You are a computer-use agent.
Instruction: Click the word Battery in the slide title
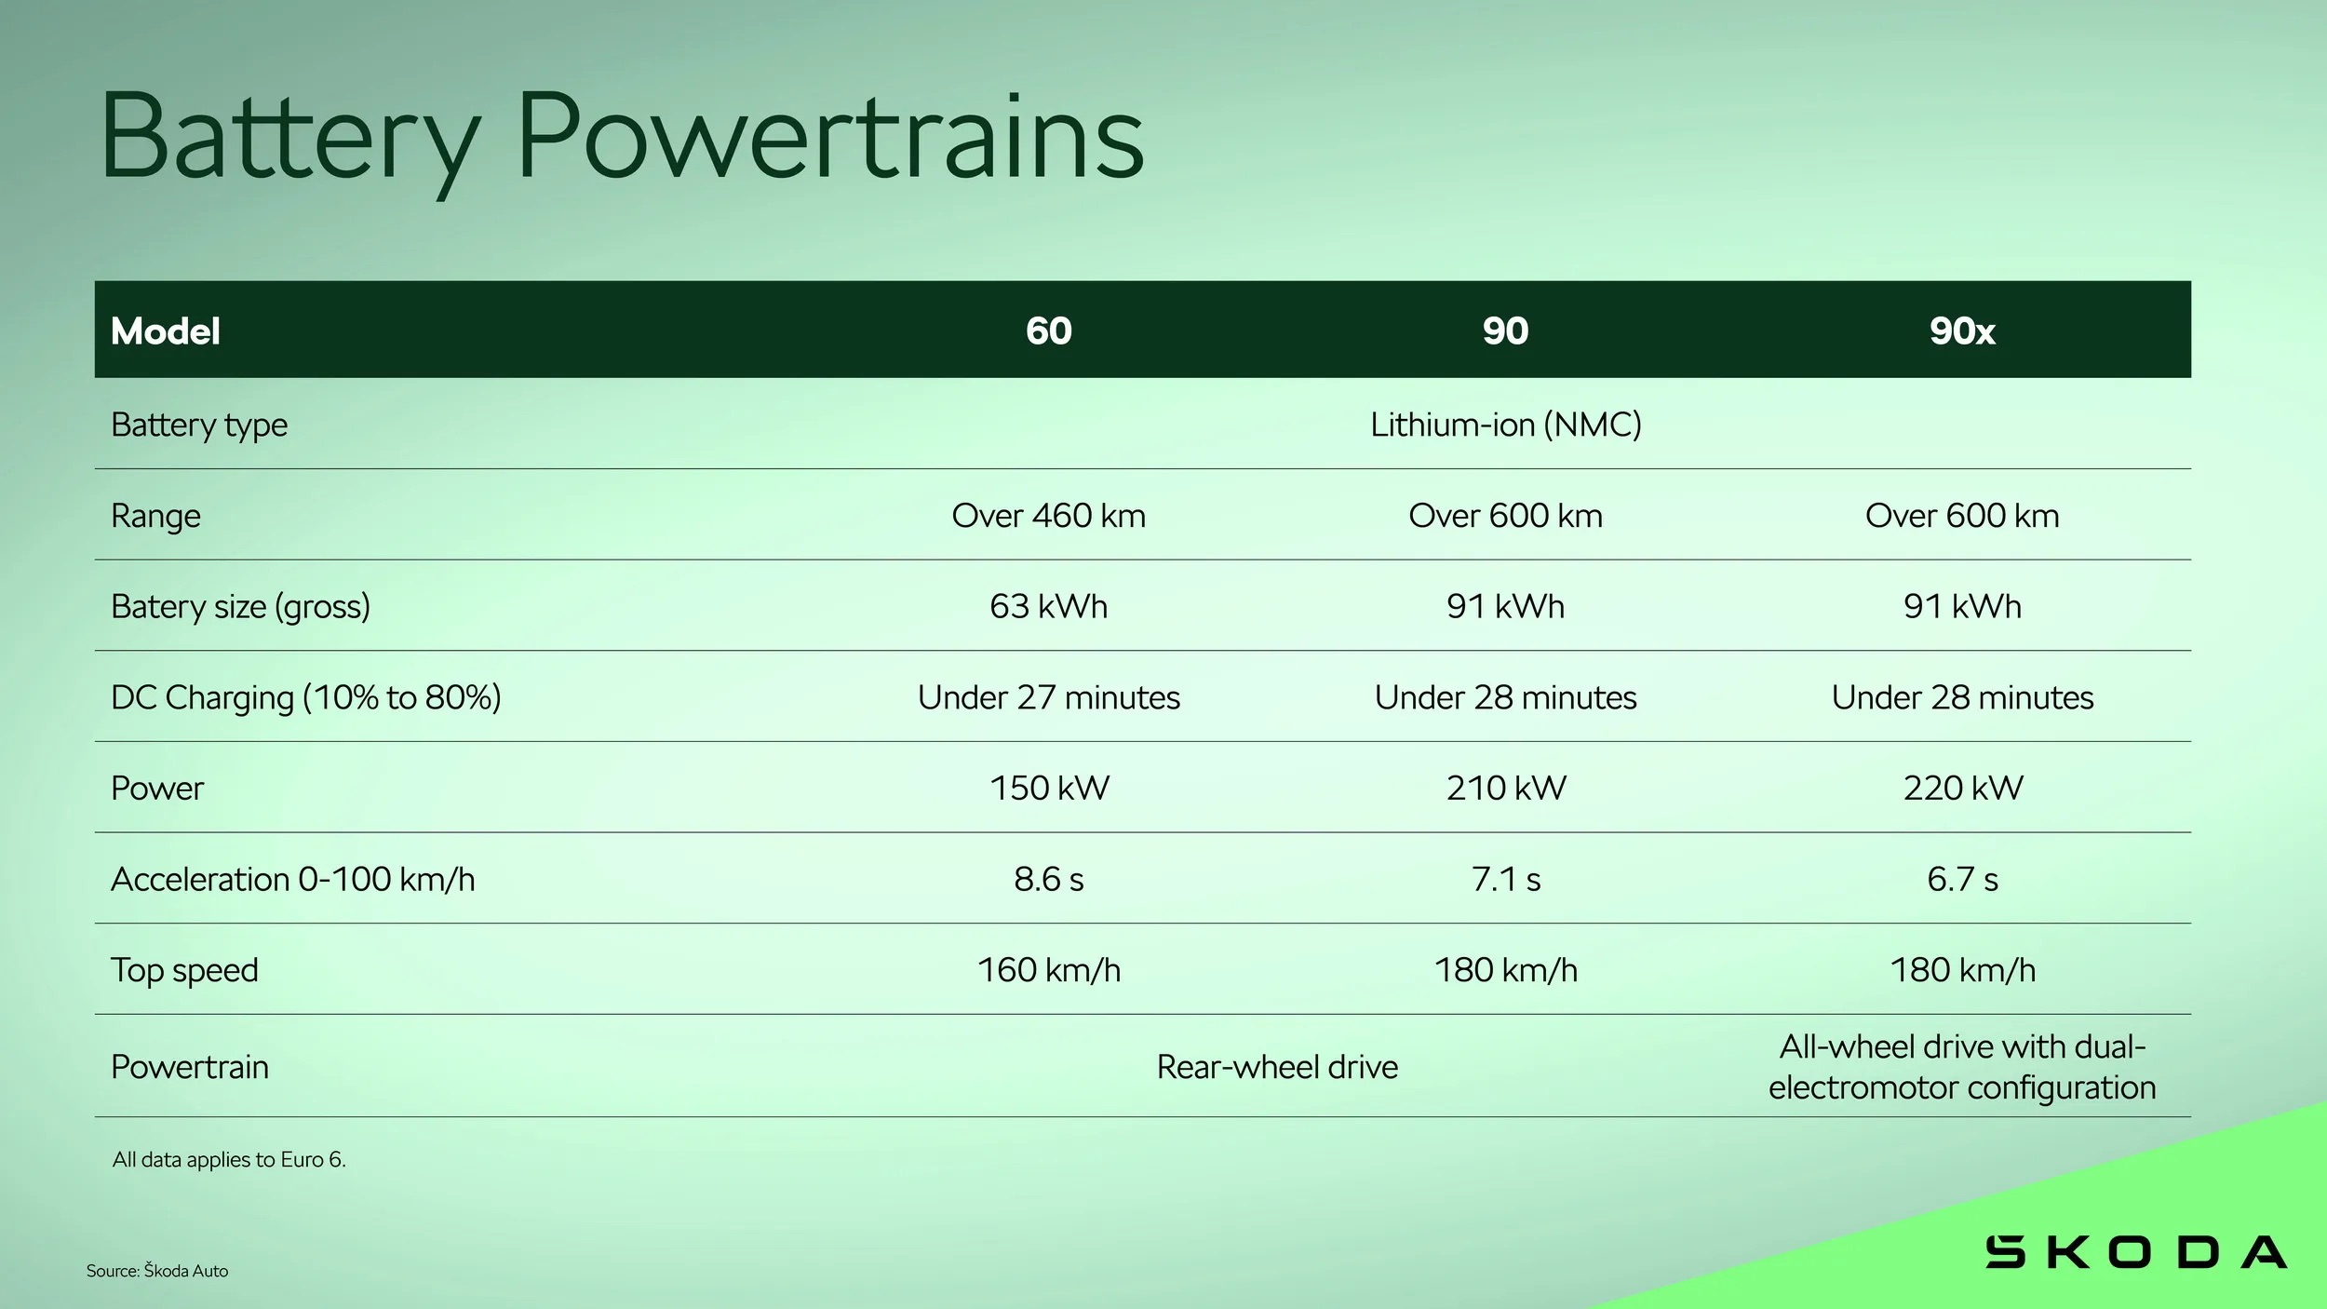click(290, 138)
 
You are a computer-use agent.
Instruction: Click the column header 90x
click(1962, 331)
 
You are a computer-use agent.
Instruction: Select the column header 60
click(1049, 331)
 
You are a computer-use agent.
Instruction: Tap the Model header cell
click(166, 331)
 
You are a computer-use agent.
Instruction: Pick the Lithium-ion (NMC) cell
click(1506, 425)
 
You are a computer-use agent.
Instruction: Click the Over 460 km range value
click(1049, 515)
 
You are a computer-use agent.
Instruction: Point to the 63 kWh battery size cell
click(1049, 606)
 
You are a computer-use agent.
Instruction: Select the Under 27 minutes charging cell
click(1049, 697)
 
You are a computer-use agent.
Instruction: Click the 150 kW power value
click(1049, 788)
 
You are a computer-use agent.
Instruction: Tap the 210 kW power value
click(1506, 788)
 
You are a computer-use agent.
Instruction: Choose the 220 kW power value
click(1963, 788)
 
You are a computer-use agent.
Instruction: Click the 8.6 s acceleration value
click(1049, 879)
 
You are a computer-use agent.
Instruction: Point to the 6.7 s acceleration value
click(1963, 879)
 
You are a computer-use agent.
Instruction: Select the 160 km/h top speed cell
click(1049, 970)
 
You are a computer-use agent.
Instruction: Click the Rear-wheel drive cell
click(1277, 1067)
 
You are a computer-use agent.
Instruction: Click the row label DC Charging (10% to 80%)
click(306, 697)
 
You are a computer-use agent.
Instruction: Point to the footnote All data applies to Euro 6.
click(229, 1160)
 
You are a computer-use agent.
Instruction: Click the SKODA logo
click(2136, 1252)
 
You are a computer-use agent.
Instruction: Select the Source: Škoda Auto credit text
click(157, 1271)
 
